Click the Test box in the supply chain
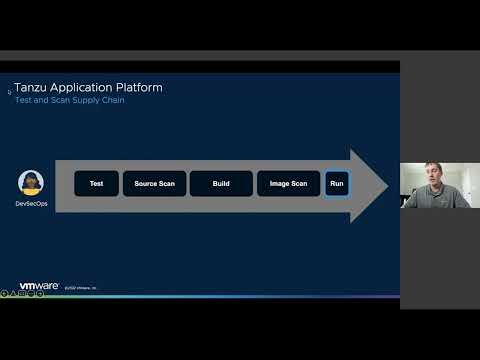click(x=97, y=184)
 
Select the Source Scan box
click(x=154, y=184)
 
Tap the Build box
click(x=221, y=184)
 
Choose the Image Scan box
click(x=288, y=184)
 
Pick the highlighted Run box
click(x=337, y=184)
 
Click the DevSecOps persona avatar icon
click(x=31, y=183)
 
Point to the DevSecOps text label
click(x=31, y=203)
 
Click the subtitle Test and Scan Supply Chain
click(x=69, y=101)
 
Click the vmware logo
click(x=39, y=286)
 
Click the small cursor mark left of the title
click(x=9, y=91)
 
